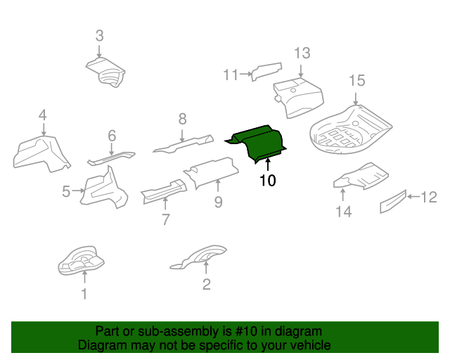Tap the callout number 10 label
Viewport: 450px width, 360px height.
pyautogui.click(x=267, y=181)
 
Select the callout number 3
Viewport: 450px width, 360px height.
pyautogui.click(x=99, y=35)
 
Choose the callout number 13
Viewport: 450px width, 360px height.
pyautogui.click(x=302, y=53)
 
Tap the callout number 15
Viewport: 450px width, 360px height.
pyautogui.click(x=357, y=81)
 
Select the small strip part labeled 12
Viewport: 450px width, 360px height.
pyautogui.click(x=392, y=201)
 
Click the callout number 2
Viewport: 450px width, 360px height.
pyautogui.click(x=206, y=284)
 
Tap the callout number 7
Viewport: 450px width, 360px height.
pyautogui.click(x=166, y=219)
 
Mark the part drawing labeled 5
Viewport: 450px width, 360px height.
pyautogui.click(x=104, y=189)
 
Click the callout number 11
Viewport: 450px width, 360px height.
pyautogui.click(x=231, y=75)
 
